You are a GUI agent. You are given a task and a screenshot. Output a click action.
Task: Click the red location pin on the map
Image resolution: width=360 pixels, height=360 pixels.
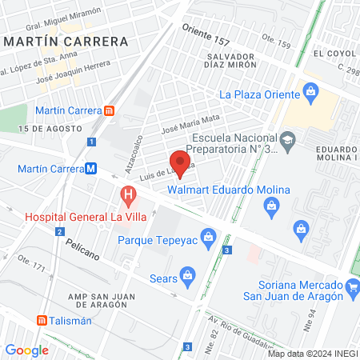pyautogui.click(x=181, y=164)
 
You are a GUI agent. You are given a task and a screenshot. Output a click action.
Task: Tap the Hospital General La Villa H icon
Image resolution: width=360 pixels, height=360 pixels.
pyautogui.click(x=127, y=194)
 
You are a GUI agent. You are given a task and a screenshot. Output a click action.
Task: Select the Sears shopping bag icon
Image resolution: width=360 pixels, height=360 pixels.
pyautogui.click(x=187, y=278)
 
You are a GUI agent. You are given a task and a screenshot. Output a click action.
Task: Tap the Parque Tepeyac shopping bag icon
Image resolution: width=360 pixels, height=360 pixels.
pyautogui.click(x=209, y=237)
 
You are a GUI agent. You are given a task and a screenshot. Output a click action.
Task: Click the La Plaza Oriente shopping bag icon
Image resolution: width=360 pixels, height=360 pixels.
pyautogui.click(x=309, y=94)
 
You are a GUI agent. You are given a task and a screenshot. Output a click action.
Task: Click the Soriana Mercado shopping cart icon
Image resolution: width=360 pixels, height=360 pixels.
pyautogui.click(x=352, y=286)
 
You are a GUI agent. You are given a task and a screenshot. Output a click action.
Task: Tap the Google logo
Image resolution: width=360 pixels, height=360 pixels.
pyautogui.click(x=26, y=350)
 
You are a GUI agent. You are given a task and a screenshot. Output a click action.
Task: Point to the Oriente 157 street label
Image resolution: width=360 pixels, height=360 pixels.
pyautogui.click(x=206, y=35)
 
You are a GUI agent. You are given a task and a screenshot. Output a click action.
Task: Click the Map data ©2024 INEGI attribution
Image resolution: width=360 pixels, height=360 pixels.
pyautogui.click(x=312, y=354)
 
